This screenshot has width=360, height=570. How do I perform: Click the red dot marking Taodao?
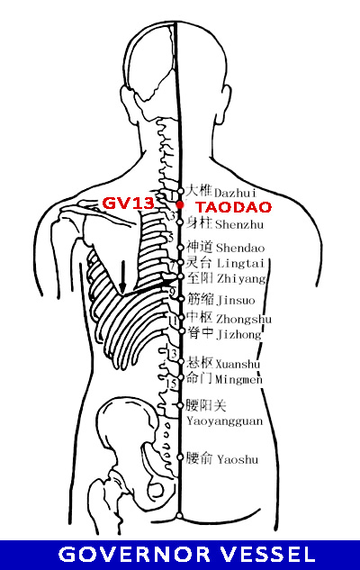click(x=180, y=205)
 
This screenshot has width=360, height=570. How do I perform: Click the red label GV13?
click(x=128, y=204)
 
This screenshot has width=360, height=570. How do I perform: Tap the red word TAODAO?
click(x=234, y=207)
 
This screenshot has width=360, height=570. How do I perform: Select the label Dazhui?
click(x=236, y=193)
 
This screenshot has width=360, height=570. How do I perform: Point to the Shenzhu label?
click(x=239, y=224)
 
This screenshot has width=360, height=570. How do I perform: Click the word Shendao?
click(x=240, y=248)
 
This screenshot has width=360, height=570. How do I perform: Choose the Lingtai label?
click(x=241, y=263)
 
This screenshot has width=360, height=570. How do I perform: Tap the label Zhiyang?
click(x=241, y=279)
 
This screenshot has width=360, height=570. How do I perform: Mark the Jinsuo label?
click(x=236, y=300)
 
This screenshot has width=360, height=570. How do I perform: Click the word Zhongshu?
click(x=244, y=319)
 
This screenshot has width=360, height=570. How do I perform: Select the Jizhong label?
click(x=239, y=334)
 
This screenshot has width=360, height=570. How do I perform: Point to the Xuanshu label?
click(x=238, y=364)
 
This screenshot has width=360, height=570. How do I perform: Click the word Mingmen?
click(x=238, y=379)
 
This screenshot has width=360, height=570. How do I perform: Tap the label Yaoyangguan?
click(x=224, y=421)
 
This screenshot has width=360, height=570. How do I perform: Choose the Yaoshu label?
click(x=238, y=459)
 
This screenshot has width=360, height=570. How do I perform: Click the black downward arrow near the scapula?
click(x=122, y=276)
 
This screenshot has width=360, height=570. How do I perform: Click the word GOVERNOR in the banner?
click(x=134, y=555)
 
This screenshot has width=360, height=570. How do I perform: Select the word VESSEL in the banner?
click(x=268, y=555)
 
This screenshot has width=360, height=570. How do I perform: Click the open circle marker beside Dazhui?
click(x=181, y=191)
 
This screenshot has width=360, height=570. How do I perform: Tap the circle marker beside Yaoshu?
click(x=180, y=457)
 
